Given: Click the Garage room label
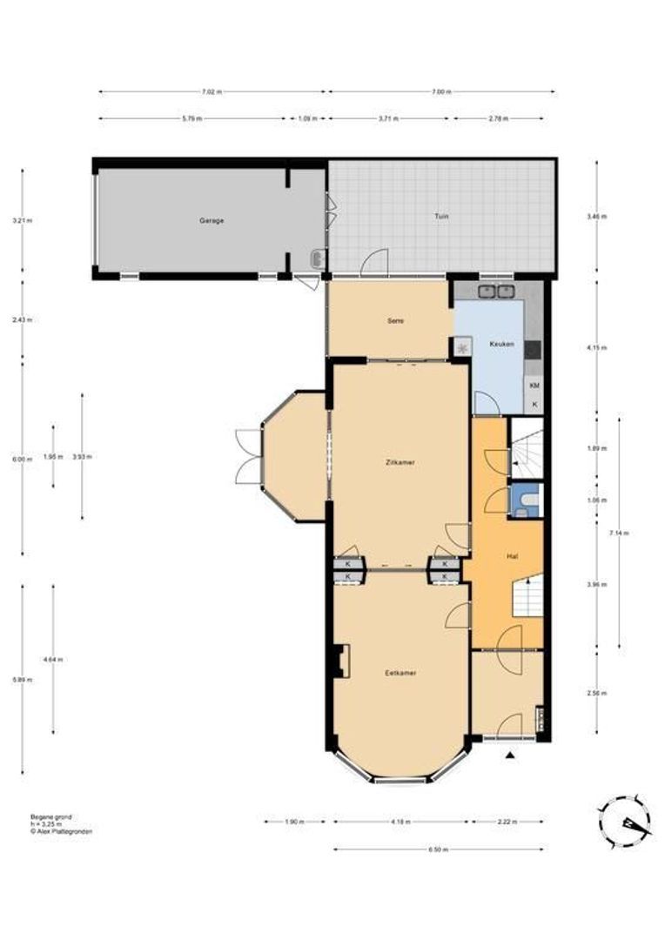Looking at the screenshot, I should click(211, 220).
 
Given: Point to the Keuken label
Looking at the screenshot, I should click(501, 345).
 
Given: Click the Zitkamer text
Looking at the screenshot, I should click(400, 462).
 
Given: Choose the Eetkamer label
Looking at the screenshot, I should click(400, 673).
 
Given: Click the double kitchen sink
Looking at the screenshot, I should click(496, 292).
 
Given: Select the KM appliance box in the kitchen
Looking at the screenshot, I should click(534, 386).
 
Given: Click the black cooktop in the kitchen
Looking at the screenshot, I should click(533, 349).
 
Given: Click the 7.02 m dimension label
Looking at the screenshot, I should click(211, 91).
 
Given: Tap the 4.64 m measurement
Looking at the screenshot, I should click(54, 659).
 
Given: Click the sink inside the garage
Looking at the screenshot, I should click(319, 258).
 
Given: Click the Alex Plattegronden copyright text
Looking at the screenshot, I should click(61, 831).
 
